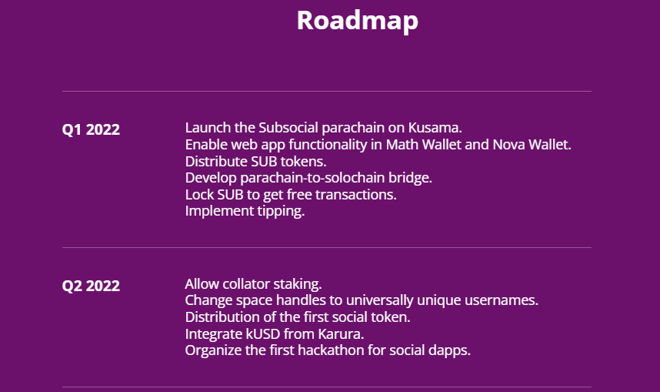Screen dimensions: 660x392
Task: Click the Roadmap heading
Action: pos(358,21)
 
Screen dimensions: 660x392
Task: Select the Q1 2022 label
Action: pos(91,129)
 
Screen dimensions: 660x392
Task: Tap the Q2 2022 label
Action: pos(91,286)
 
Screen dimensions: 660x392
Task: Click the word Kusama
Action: pos(434,128)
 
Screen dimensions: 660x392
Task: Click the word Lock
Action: pos(199,195)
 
